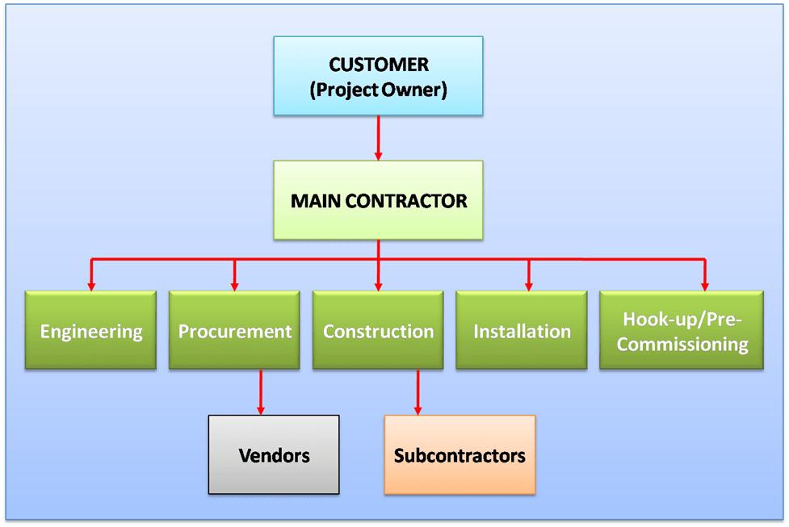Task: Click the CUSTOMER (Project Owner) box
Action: click(378, 76)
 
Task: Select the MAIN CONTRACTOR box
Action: click(378, 200)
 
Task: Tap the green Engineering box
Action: click(90, 330)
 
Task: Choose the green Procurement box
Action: click(234, 330)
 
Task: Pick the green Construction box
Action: click(378, 330)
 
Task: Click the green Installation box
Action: click(522, 330)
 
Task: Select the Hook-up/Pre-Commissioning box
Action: click(682, 330)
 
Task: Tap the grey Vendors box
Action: click(274, 454)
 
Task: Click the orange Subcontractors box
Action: click(460, 454)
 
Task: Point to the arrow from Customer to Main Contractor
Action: click(378, 137)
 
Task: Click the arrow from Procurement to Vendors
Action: click(261, 392)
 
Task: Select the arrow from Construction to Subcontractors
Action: click(418, 392)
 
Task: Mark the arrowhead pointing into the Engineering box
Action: click(91, 285)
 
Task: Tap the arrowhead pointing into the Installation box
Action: click(529, 285)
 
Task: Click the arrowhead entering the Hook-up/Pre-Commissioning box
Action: click(704, 285)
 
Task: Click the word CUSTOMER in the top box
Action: click(378, 65)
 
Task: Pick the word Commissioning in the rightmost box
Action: click(682, 345)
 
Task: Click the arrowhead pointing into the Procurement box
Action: click(235, 285)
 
